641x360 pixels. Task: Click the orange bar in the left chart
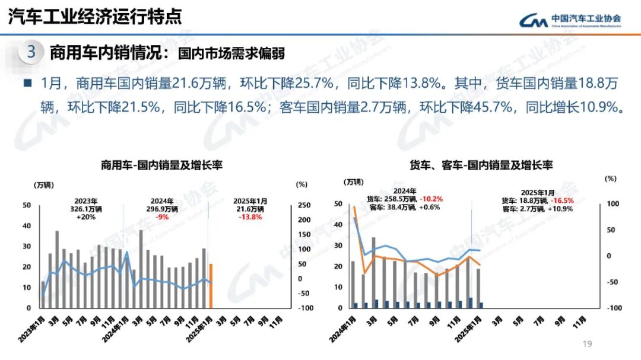(x=211, y=286)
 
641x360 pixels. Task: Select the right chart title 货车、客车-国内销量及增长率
(x=481, y=165)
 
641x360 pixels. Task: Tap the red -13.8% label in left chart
(x=250, y=217)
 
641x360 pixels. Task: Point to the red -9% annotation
(x=162, y=217)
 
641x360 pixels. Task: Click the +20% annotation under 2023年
(x=86, y=217)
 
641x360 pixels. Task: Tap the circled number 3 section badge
(x=31, y=53)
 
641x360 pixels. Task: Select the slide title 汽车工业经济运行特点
(x=95, y=17)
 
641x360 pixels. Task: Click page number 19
(x=588, y=344)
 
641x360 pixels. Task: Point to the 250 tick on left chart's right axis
(x=304, y=205)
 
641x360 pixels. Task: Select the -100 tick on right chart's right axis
(x=613, y=308)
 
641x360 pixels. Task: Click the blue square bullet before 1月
(x=27, y=83)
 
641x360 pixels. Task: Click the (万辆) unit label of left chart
(x=43, y=184)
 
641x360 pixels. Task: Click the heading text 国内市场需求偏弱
(x=231, y=53)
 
